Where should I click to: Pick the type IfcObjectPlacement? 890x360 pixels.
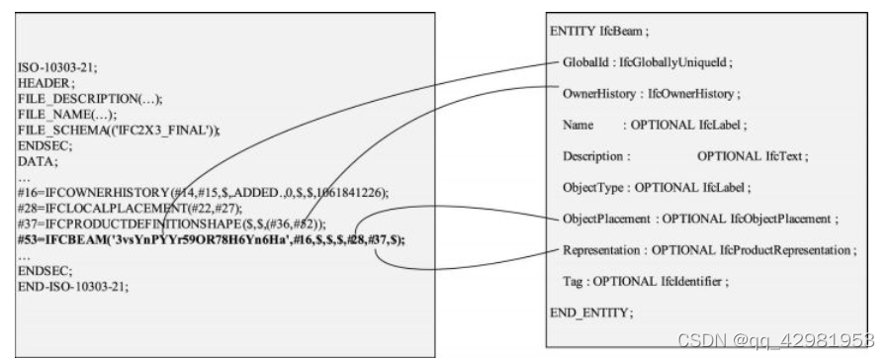click(777, 218)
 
